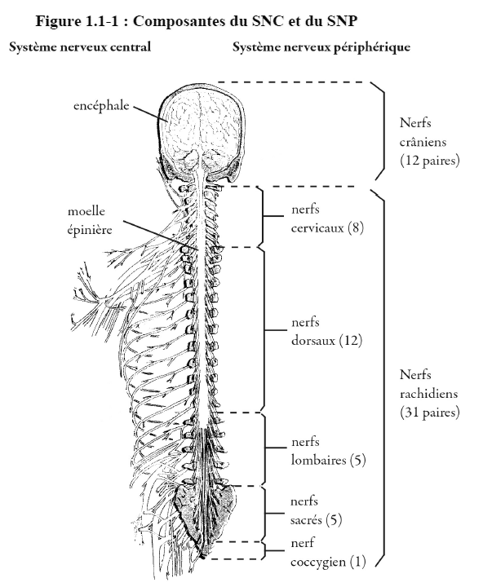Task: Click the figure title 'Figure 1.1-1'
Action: point(77,21)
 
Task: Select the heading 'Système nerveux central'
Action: point(80,47)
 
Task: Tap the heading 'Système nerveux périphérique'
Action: point(321,47)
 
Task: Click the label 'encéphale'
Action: point(101,105)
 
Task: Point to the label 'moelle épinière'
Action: point(90,220)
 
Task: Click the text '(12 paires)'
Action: point(429,161)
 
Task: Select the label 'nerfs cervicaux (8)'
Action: point(327,218)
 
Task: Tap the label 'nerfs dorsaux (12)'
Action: point(326,331)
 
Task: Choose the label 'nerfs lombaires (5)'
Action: point(328,451)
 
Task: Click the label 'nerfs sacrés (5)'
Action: point(316,510)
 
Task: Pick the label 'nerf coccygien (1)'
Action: point(328,552)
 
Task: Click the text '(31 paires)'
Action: point(429,413)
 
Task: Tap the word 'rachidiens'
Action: point(428,394)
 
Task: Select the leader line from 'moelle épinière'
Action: point(161,235)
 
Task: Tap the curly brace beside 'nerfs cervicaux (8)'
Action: point(262,216)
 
